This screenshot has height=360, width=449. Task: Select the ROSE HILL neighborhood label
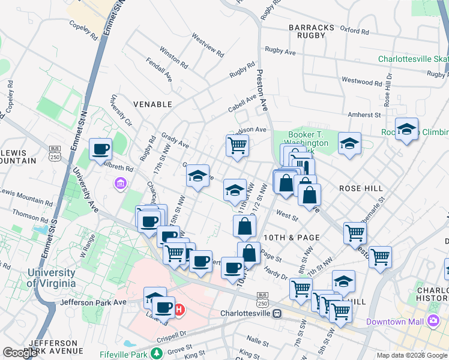(x=361, y=188)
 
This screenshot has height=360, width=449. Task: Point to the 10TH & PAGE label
(x=292, y=238)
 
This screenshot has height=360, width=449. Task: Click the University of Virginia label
(x=51, y=278)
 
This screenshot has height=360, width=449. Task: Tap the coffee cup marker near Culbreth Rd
(x=101, y=149)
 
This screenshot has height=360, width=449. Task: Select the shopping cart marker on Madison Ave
(x=238, y=145)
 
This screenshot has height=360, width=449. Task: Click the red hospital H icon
(x=179, y=310)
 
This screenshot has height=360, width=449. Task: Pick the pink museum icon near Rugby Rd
(x=119, y=183)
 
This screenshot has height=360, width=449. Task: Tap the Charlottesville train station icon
(x=277, y=313)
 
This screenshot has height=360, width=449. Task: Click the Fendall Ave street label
(x=160, y=69)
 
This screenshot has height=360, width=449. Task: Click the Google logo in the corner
(x=20, y=353)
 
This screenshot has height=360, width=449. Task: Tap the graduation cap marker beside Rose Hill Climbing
(x=406, y=130)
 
